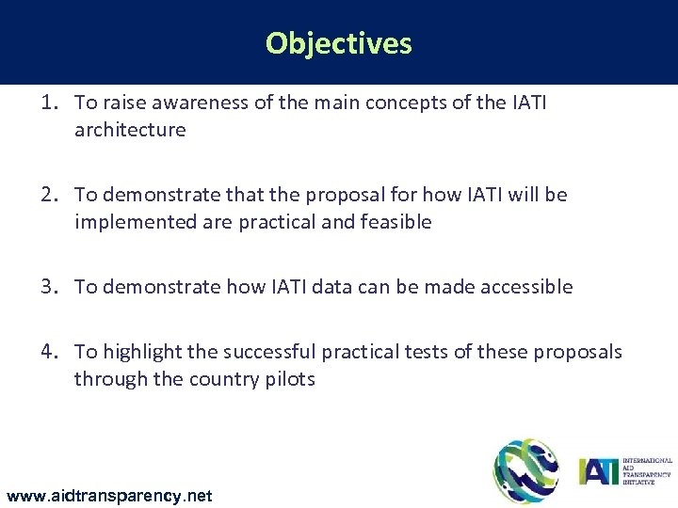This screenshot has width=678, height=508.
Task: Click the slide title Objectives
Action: point(338,43)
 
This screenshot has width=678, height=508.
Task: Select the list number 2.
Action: point(49,195)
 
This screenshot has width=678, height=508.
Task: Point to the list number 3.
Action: point(49,287)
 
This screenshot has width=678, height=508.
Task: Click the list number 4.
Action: point(49,352)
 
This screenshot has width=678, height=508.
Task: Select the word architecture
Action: point(130,130)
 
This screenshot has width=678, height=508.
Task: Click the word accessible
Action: point(525,287)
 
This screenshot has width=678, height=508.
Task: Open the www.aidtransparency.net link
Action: point(109,495)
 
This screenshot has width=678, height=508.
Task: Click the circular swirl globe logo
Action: point(526,470)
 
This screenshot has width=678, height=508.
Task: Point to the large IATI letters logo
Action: point(598,468)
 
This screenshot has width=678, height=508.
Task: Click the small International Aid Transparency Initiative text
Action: point(648,469)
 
